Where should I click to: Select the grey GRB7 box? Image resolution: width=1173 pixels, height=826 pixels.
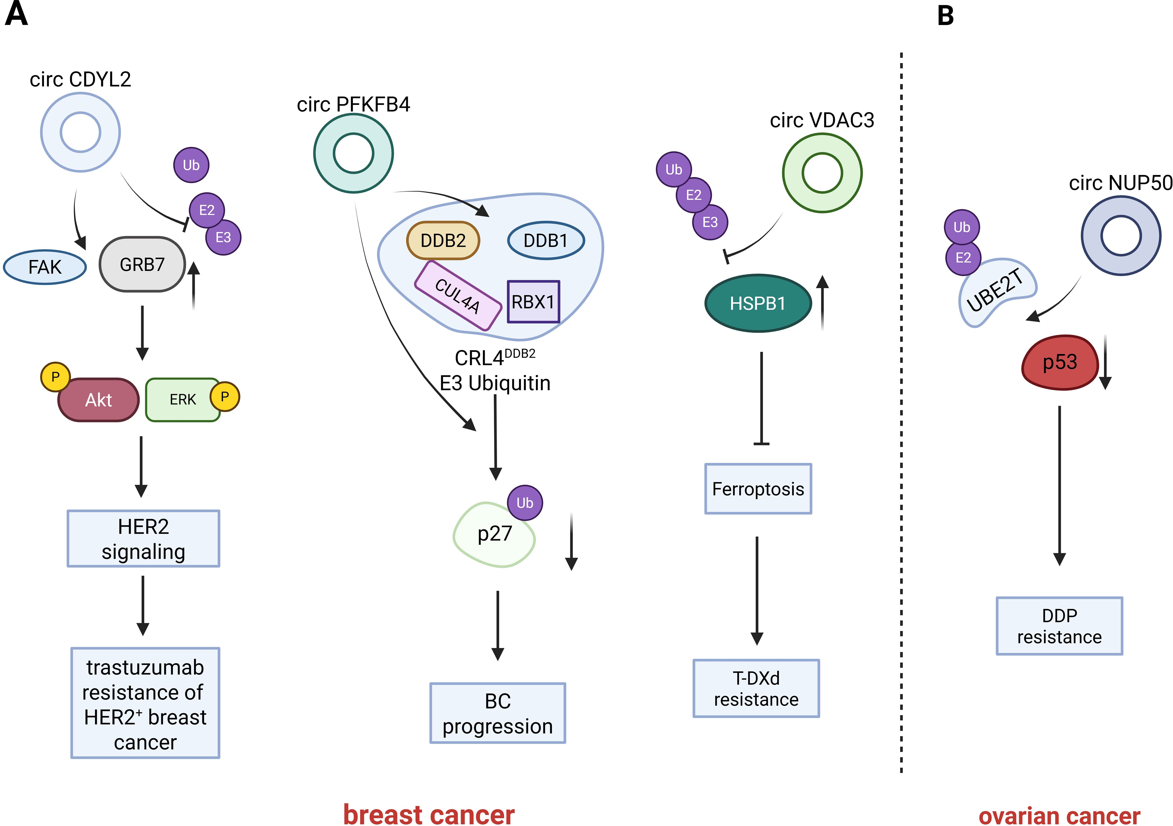142,264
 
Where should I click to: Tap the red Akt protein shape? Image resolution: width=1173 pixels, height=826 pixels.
98,400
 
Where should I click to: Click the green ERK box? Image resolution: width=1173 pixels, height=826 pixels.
183,400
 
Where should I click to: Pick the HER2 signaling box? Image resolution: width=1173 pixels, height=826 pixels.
144,538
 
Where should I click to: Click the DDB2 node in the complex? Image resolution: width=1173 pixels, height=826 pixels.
443,240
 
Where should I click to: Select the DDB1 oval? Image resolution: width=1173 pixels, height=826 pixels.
546,240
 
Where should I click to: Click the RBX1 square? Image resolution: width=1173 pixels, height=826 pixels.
533,301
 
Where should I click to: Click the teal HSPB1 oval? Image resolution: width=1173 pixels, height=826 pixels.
758,303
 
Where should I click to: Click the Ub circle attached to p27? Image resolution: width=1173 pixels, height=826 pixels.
525,503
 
